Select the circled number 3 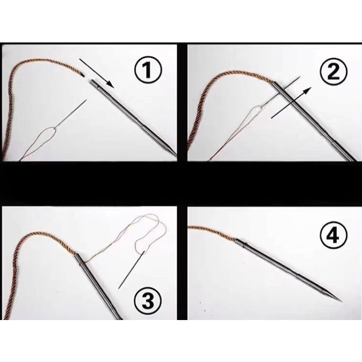click(x=148, y=301)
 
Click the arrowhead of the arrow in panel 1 click(x=111, y=84)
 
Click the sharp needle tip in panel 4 click(x=341, y=302)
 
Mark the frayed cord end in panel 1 click(x=82, y=74)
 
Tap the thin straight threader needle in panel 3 click(x=132, y=270)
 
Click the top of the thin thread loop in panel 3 click(x=148, y=216)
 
